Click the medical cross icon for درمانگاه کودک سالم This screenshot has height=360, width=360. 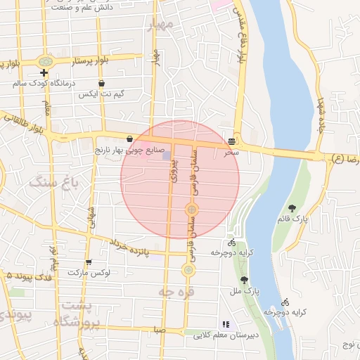point(44,72)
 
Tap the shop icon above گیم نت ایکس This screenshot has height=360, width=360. point(102,83)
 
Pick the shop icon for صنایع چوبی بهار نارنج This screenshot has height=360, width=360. point(130,139)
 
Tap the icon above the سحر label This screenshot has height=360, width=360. point(232,141)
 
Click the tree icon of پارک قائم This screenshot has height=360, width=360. point(292,208)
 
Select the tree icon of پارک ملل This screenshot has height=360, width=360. point(244,280)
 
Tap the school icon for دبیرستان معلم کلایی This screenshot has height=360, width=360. point(226,324)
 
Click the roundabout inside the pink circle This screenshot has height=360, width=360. point(191,210)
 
